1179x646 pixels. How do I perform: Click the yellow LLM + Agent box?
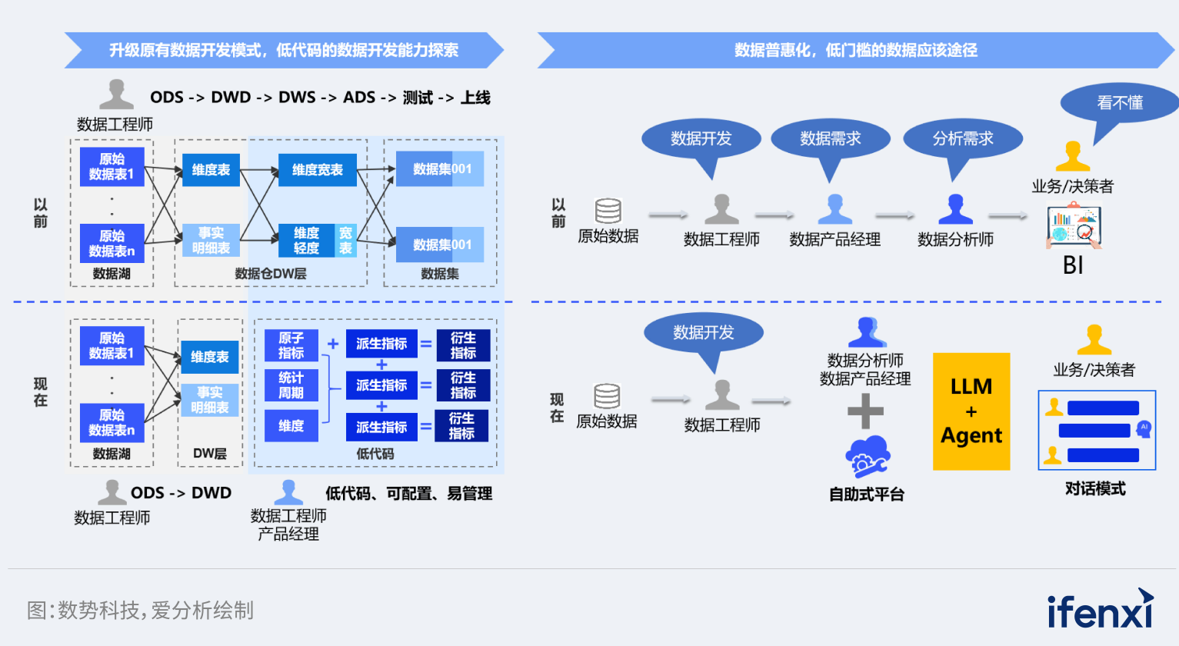click(x=971, y=411)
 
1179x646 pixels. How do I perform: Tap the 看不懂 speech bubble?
click(x=1119, y=103)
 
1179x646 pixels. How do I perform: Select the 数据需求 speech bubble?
click(x=830, y=139)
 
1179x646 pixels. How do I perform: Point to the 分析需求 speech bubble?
click(x=963, y=139)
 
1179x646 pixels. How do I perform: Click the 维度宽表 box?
click(x=318, y=170)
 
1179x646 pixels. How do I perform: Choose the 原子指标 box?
click(x=291, y=345)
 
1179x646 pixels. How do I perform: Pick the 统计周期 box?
click(x=291, y=385)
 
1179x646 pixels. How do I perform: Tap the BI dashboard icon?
click(x=1074, y=226)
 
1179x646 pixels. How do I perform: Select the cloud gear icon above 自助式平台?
click(x=867, y=458)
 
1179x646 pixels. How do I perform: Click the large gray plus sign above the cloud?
click(x=865, y=411)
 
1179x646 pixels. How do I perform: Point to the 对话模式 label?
click(x=1095, y=488)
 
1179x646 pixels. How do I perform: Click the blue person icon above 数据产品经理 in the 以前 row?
click(x=834, y=209)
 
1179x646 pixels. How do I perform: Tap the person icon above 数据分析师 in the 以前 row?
click(x=955, y=209)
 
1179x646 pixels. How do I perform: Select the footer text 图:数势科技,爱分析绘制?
click(x=141, y=611)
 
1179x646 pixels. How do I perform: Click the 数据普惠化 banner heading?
click(x=855, y=51)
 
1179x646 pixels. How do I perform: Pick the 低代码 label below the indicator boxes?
click(x=375, y=454)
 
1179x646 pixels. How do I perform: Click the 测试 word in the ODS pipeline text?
click(x=418, y=98)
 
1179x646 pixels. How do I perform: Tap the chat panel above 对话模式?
click(x=1097, y=430)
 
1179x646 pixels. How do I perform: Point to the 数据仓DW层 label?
click(x=271, y=274)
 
